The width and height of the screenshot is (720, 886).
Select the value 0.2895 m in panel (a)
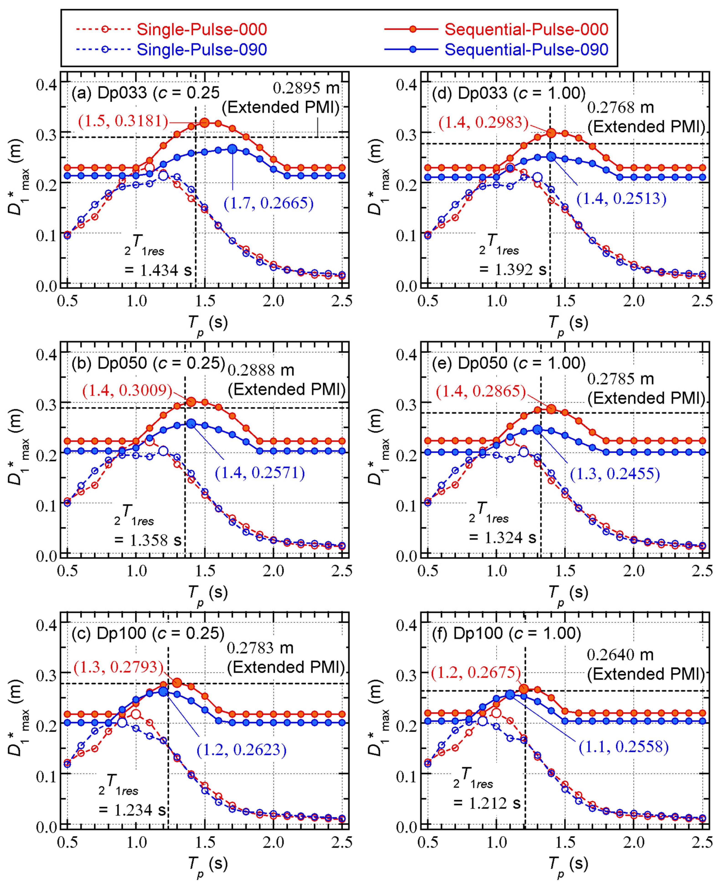[x=306, y=88]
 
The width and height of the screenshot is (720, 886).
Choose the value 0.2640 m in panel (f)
[x=620, y=655]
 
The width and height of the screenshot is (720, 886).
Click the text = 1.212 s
[x=487, y=803]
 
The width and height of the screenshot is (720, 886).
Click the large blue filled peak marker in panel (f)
[x=510, y=695]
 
